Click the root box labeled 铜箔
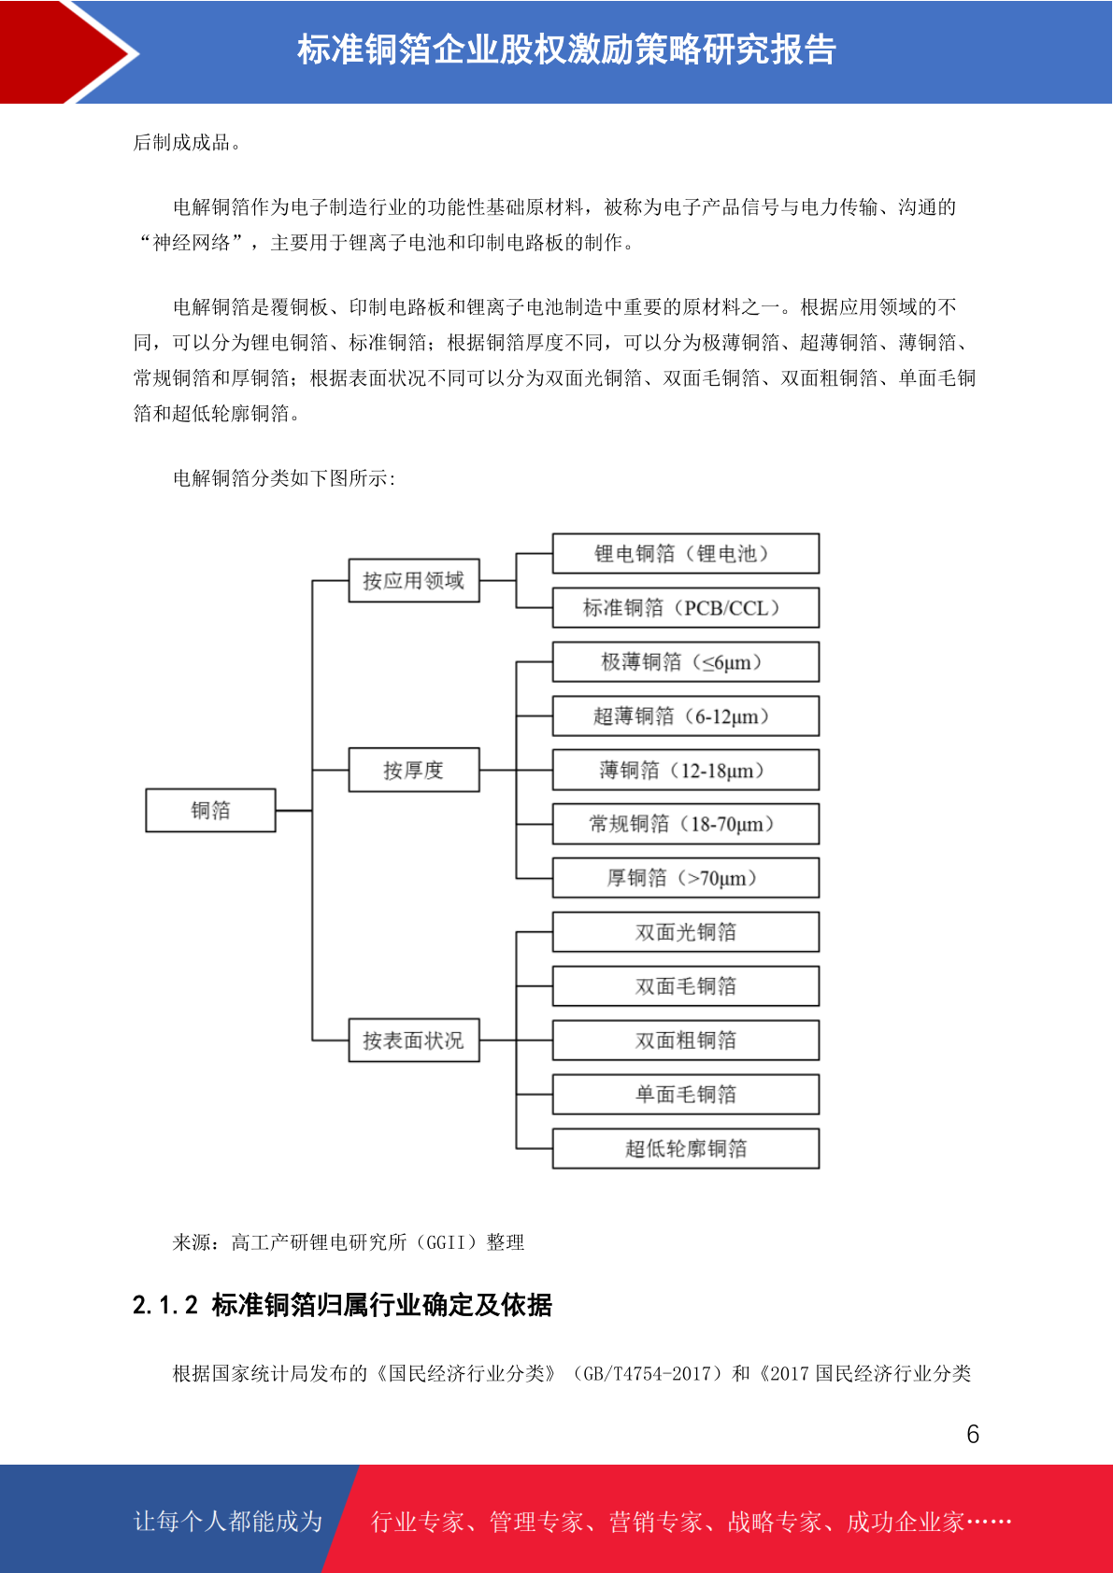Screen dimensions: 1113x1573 210,810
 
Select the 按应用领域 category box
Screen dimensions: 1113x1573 414,580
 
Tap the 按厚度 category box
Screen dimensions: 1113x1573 414,770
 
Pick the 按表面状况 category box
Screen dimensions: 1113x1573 414,1040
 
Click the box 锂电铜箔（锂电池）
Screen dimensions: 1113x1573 686,553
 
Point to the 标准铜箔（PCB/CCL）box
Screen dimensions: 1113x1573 686,607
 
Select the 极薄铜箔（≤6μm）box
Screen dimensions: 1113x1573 686,661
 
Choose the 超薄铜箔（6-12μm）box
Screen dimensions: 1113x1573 686,716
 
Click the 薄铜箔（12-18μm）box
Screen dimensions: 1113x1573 686,770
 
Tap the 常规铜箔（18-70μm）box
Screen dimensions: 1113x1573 686,824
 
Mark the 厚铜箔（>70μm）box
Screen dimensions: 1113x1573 686,878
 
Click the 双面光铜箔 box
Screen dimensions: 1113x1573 686,932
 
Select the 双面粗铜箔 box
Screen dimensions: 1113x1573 686,1040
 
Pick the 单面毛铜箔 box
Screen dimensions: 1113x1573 686,1094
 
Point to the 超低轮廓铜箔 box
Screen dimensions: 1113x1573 686,1148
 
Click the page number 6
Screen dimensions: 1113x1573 973,1434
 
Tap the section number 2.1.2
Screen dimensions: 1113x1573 165,1306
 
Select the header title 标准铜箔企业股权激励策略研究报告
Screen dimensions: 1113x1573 566,50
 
